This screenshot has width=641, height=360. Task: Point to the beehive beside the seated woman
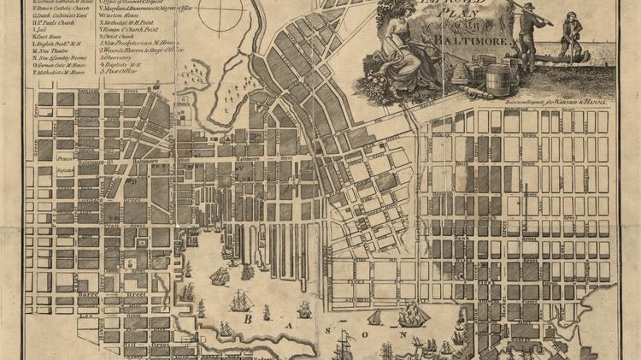[x=456, y=70]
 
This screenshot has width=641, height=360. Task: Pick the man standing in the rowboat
[x=571, y=34]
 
